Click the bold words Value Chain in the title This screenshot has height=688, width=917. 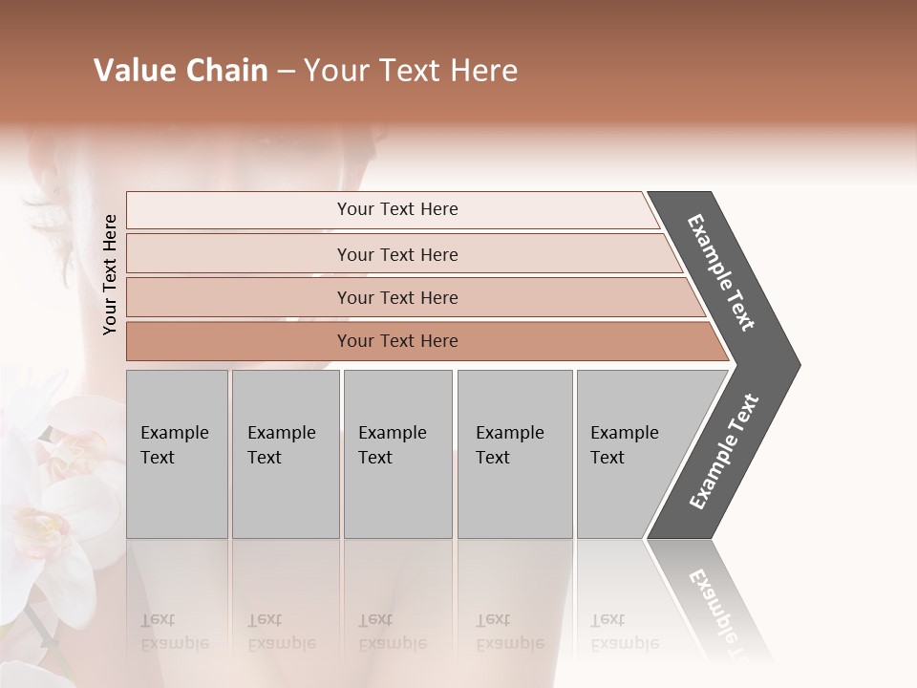181,71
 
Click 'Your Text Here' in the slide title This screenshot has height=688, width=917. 411,71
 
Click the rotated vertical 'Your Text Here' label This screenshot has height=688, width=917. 111,274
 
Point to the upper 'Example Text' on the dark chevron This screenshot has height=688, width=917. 721,272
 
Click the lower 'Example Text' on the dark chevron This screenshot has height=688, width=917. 724,452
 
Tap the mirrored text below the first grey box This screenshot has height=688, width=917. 174,632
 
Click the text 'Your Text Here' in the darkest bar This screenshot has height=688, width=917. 397,341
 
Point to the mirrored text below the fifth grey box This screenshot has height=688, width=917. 624,632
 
